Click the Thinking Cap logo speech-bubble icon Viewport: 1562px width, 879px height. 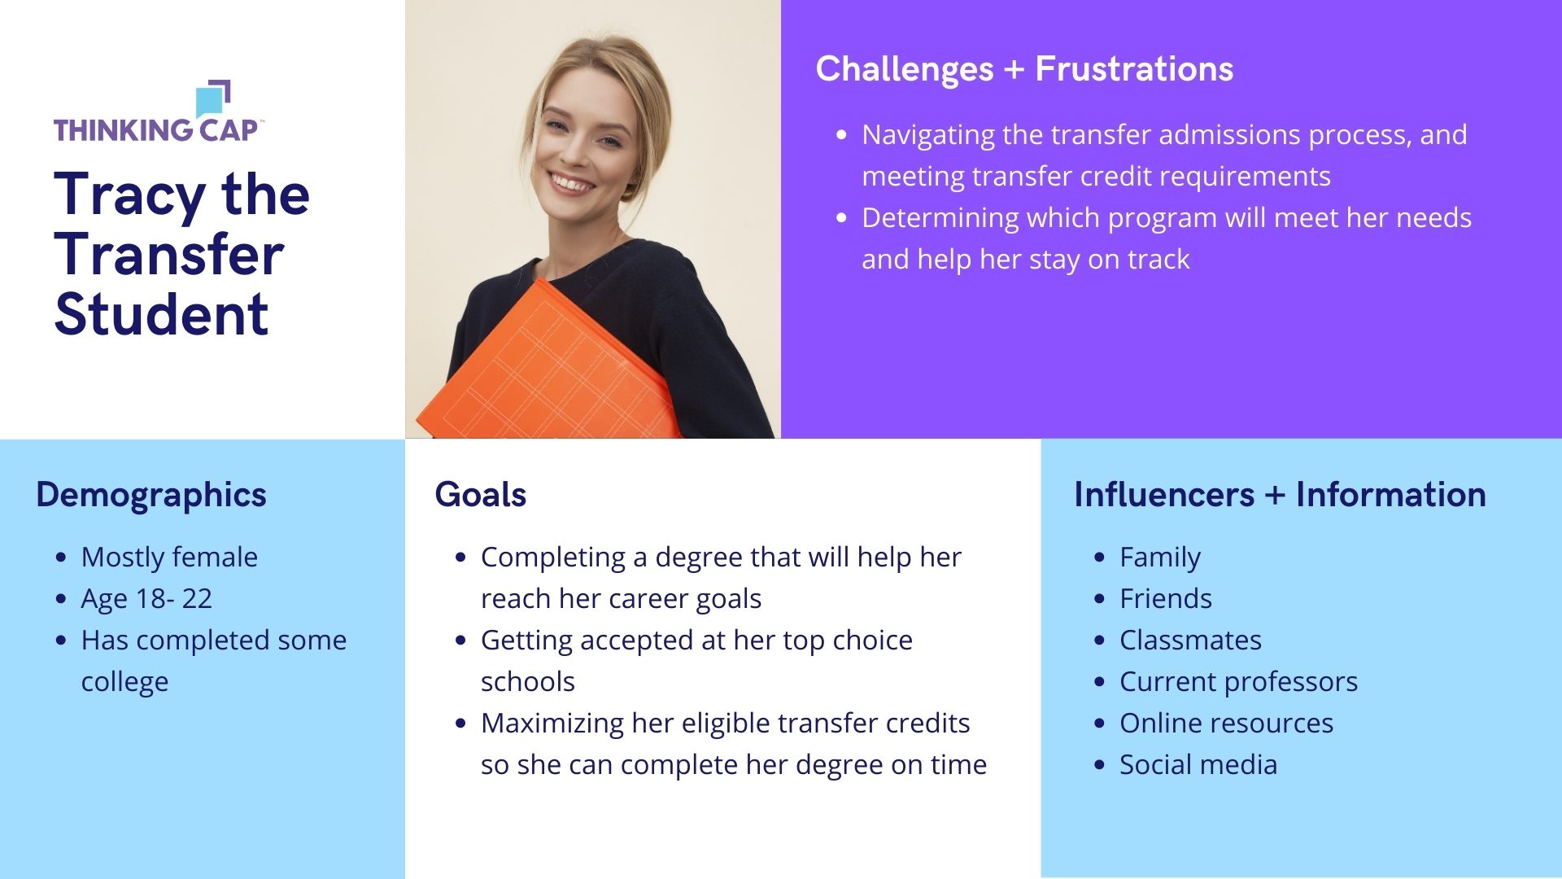click(x=213, y=98)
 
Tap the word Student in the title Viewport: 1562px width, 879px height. click(x=161, y=314)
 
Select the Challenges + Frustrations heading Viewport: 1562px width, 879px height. click(x=1024, y=69)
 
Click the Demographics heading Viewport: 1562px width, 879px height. click(x=151, y=495)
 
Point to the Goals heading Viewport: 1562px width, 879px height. click(x=480, y=495)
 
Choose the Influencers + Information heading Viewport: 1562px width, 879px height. click(x=1280, y=495)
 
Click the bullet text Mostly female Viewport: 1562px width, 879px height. click(x=169, y=558)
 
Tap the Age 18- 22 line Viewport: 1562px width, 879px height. click(x=146, y=599)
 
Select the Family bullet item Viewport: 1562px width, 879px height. click(x=1159, y=558)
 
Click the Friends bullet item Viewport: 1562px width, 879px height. click(x=1166, y=599)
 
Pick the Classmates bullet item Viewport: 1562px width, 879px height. click(x=1190, y=641)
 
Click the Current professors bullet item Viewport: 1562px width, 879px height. click(x=1238, y=682)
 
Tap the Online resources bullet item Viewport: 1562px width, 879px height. click(x=1226, y=724)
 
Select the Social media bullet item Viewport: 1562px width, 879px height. click(x=1198, y=765)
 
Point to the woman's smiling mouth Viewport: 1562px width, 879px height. click(x=572, y=181)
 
